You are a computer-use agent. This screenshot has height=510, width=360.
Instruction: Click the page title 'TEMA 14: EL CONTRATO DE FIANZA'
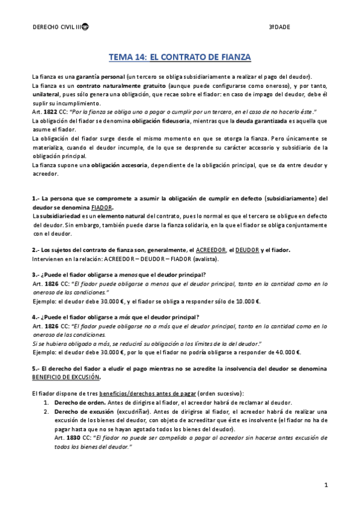[179, 57]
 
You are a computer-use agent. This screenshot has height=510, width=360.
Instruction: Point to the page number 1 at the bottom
[325, 484]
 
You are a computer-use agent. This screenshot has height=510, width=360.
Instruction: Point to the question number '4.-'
[36, 318]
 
